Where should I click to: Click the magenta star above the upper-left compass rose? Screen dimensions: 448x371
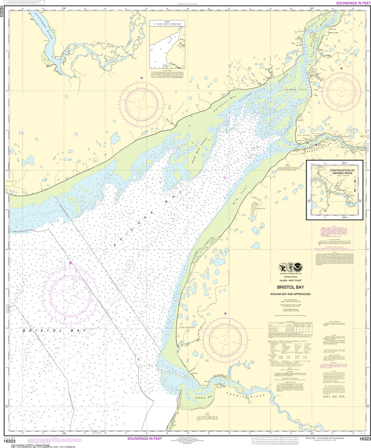tap(141, 78)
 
